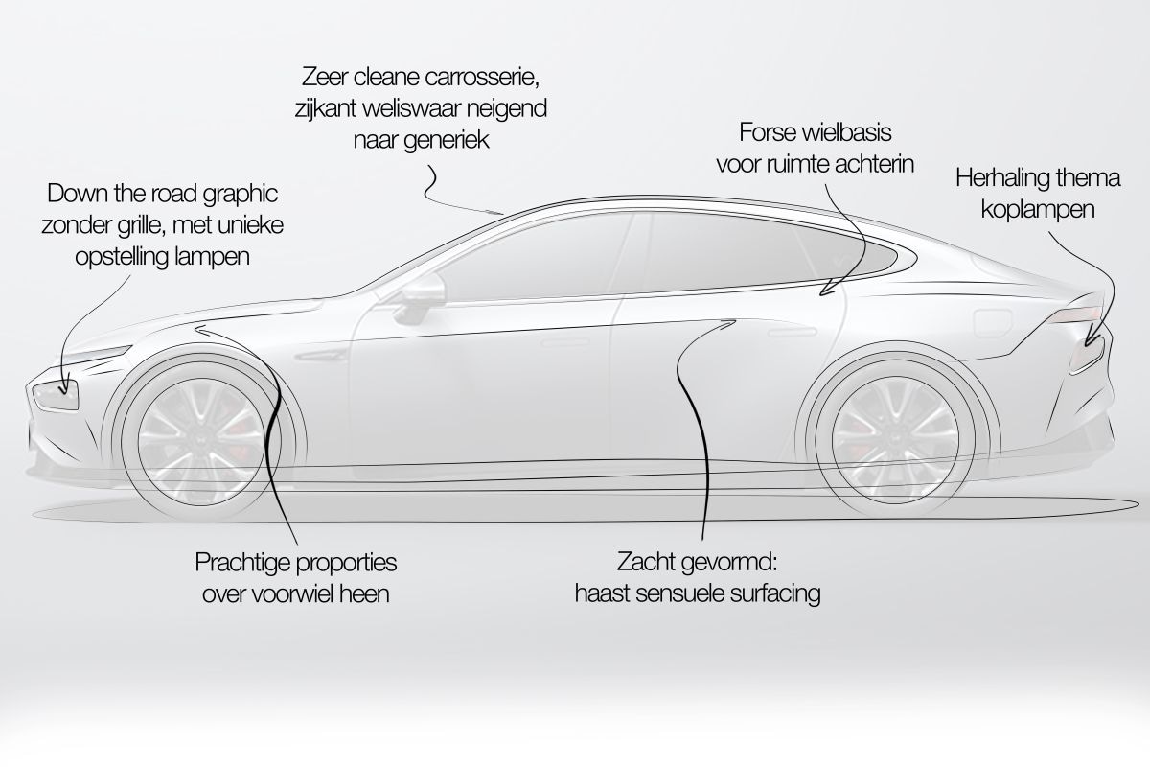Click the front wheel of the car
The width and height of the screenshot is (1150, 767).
pos(201,441)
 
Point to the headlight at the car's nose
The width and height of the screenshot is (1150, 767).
pos(56,395)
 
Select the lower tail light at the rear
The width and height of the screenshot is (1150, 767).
pos(1087,356)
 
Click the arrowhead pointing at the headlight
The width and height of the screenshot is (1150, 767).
pos(64,389)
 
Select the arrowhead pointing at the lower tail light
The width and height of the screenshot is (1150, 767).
pos(1091,341)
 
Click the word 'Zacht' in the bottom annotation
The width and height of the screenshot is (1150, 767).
pos(642,562)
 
